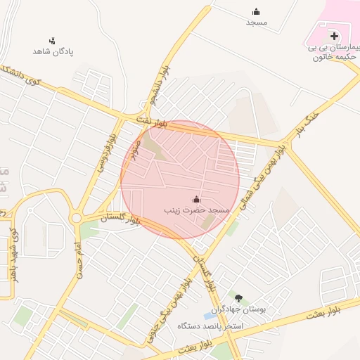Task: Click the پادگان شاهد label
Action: coord(53,52)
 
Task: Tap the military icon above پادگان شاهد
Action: coord(52,41)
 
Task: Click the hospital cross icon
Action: coord(334,36)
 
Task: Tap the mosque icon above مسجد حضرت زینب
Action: coord(195,199)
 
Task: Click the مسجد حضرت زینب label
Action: coord(197,210)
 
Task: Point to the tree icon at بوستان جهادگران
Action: coord(238,298)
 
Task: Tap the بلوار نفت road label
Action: coord(153,123)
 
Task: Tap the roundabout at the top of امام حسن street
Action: coord(76,218)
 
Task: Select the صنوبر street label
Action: coord(135,147)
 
